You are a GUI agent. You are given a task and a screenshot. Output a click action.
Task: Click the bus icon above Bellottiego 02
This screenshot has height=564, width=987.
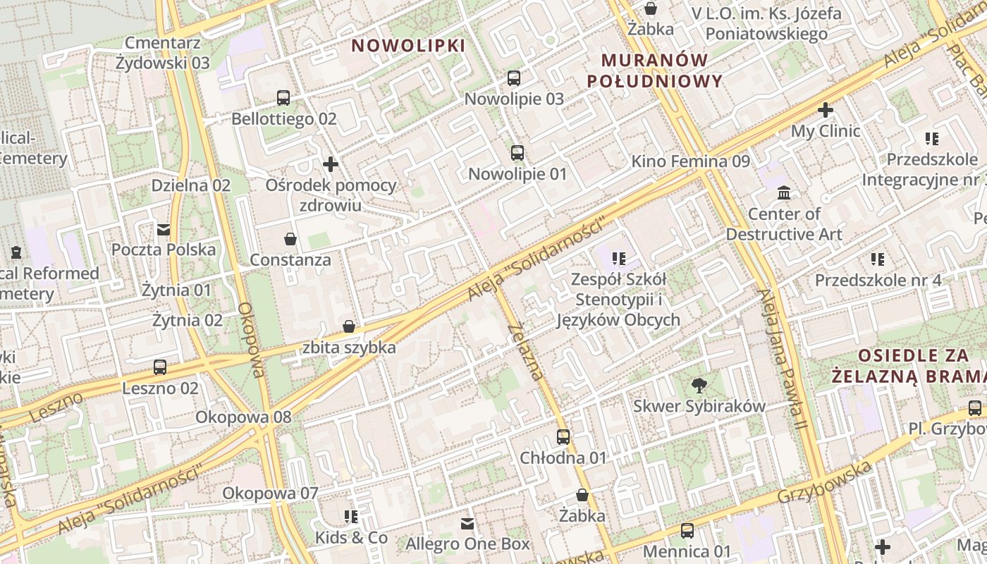point(283,98)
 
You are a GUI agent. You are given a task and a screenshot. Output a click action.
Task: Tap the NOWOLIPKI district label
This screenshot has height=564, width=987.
point(408,46)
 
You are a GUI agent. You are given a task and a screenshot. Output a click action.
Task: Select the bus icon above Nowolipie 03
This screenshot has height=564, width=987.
point(514,78)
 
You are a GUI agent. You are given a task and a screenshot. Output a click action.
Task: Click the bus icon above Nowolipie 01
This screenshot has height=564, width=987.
point(517,152)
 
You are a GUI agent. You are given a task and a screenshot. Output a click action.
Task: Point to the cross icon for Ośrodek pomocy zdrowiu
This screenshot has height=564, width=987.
point(331,165)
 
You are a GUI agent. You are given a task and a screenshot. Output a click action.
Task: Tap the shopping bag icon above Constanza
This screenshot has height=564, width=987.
point(290,239)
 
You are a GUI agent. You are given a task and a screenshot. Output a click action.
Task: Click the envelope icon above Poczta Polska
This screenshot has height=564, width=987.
point(164,229)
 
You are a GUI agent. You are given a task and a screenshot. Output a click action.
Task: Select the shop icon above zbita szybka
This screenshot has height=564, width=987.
point(348,326)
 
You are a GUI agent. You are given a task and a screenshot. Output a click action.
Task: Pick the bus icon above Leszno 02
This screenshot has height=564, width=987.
point(160,367)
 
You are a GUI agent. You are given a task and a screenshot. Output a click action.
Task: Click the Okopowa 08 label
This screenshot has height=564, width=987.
point(243,417)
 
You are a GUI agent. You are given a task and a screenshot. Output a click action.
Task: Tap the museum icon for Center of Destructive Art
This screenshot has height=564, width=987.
point(783,192)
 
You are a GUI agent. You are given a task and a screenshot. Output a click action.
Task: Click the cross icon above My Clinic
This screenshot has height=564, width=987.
point(826,110)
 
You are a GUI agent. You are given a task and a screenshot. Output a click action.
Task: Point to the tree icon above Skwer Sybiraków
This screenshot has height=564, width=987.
point(699,385)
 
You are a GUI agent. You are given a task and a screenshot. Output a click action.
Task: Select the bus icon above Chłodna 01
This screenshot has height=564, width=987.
point(563,437)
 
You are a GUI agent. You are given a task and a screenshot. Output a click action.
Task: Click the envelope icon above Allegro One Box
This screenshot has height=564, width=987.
point(467,523)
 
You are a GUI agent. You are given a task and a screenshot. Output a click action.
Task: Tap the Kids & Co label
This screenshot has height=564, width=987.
point(351,538)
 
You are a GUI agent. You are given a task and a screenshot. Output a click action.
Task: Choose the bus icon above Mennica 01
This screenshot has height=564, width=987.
point(687,531)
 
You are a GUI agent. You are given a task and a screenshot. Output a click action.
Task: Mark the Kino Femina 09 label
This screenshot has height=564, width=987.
point(690,161)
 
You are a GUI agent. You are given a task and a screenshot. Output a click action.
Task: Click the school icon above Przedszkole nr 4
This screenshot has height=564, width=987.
point(877,259)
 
